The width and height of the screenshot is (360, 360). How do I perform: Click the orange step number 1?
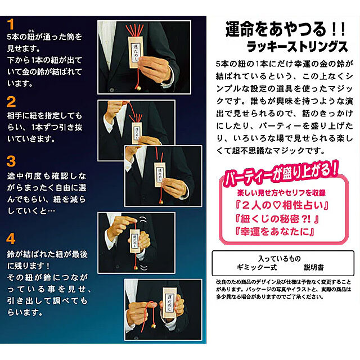(x=11, y=24)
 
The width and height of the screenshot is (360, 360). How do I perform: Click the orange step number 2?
(x=11, y=102)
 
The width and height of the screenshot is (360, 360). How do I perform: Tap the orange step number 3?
(x=11, y=161)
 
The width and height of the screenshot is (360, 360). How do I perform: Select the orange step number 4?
(x=11, y=238)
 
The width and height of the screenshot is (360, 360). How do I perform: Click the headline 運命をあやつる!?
(x=285, y=29)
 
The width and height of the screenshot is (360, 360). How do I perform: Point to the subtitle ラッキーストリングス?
(x=298, y=47)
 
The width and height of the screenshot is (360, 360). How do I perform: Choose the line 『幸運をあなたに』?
(x=275, y=232)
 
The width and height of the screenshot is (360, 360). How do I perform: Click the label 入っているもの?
(x=280, y=259)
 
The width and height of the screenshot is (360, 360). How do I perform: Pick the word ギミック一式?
(x=257, y=268)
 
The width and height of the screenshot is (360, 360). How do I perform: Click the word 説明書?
(x=314, y=268)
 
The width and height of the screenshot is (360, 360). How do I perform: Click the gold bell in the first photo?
(x=139, y=88)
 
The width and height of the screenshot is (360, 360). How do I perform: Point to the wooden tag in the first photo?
(x=136, y=52)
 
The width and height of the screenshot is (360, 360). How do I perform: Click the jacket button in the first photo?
(x=112, y=90)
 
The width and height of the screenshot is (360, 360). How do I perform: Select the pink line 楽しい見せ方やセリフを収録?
(x=281, y=193)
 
